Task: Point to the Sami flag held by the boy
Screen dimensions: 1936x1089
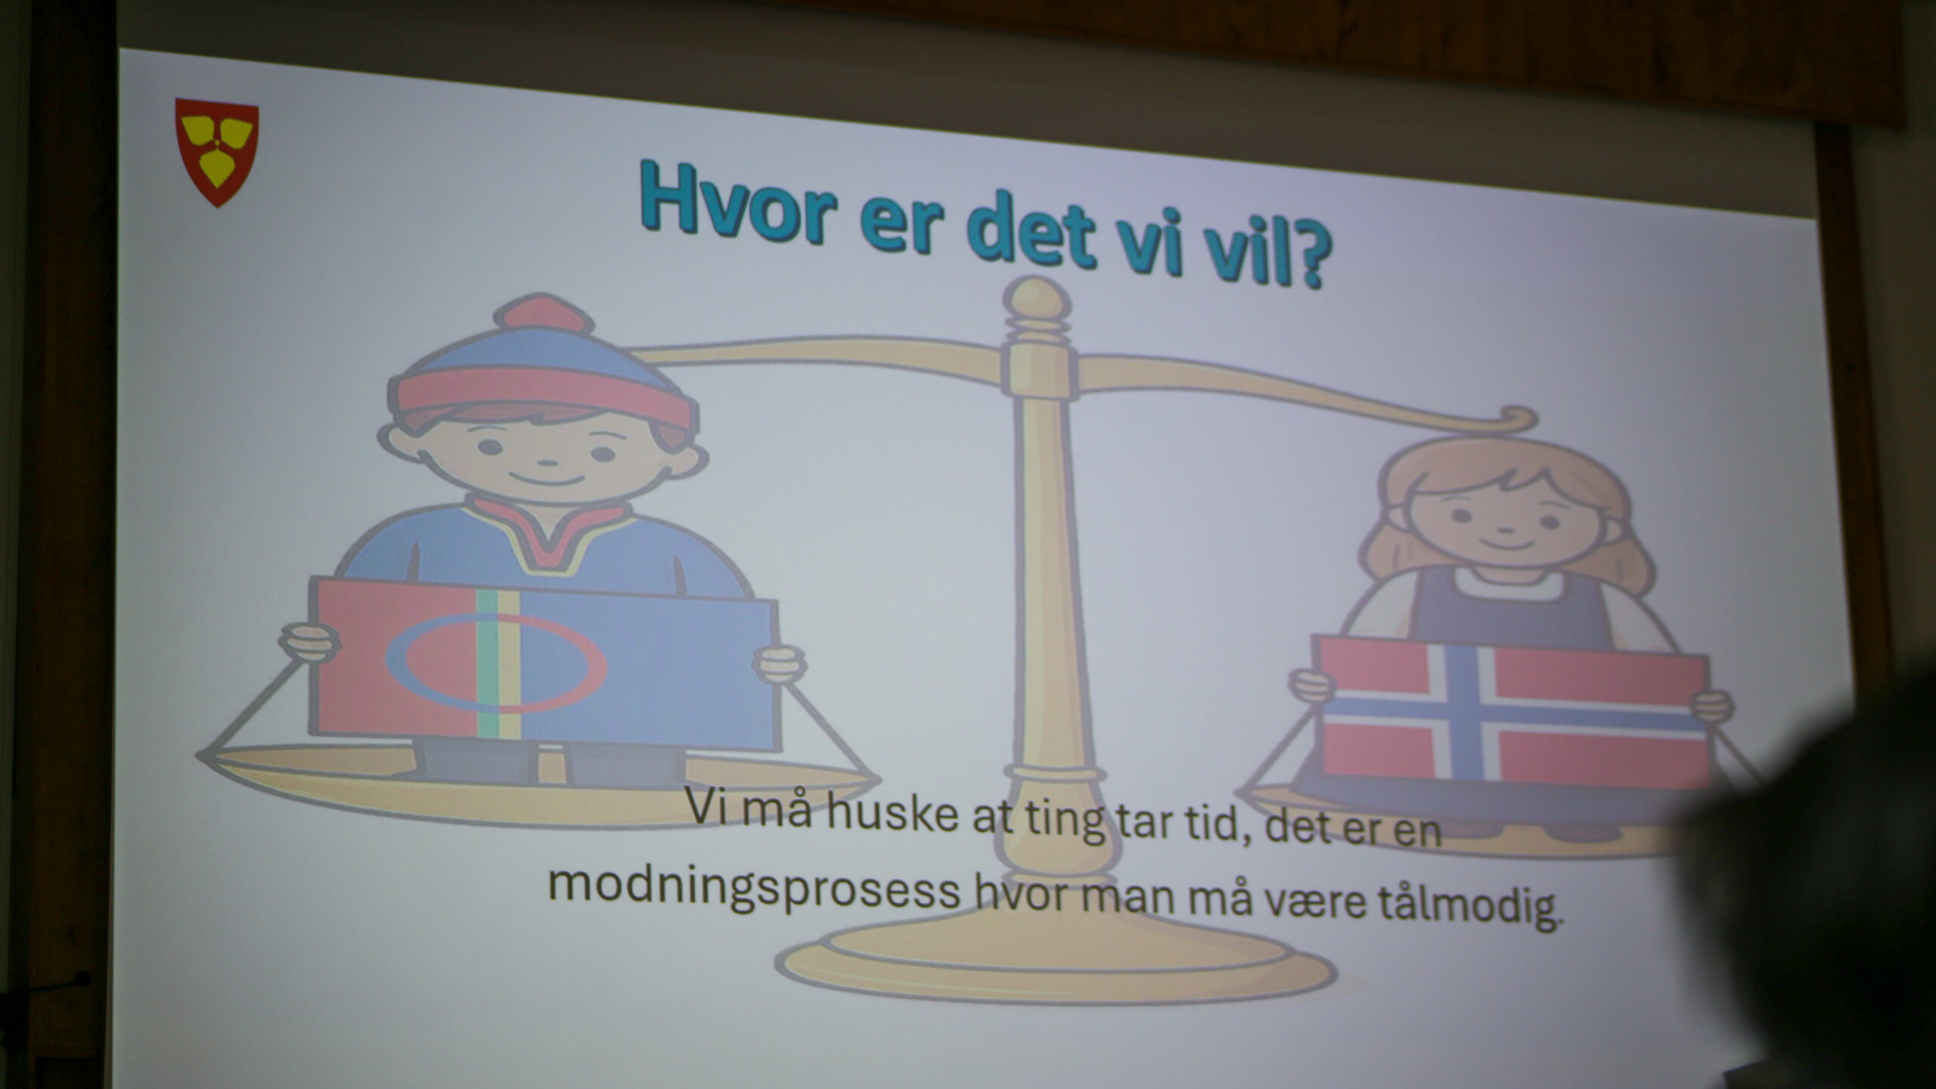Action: point(546,664)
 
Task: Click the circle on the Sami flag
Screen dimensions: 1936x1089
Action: point(496,662)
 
